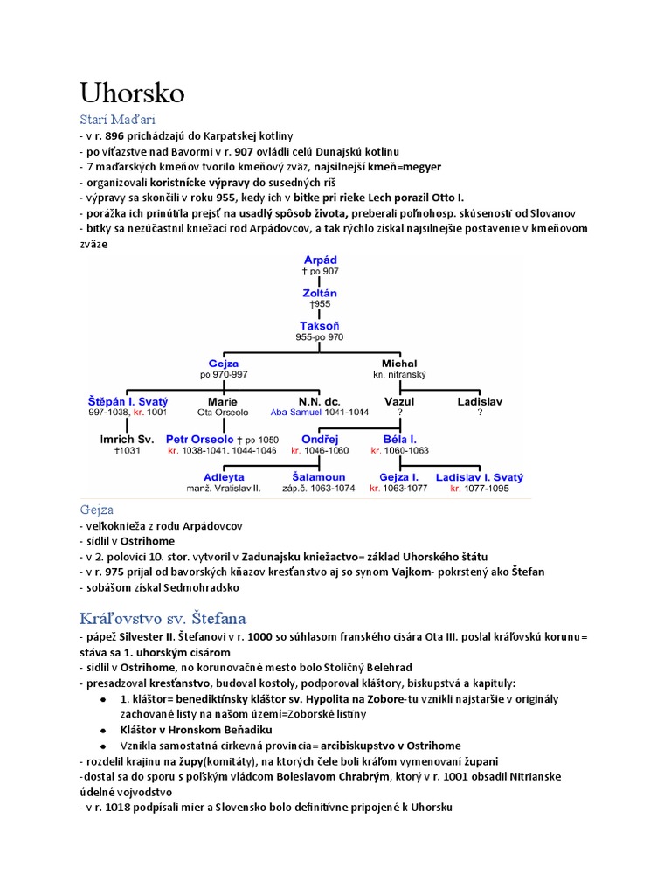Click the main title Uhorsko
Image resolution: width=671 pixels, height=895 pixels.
coord(132,93)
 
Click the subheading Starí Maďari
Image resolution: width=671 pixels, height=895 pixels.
coord(117,119)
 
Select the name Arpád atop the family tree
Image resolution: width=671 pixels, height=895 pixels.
coord(320,260)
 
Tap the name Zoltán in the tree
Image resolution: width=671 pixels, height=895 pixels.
coord(320,293)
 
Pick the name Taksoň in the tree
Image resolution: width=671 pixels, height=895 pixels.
coord(320,325)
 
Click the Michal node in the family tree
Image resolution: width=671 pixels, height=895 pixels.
coord(399,364)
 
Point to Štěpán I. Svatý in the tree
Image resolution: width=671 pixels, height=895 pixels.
coord(128,401)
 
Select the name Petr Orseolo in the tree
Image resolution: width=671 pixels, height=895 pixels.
coord(199,439)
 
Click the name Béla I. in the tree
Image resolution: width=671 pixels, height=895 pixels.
coord(399,439)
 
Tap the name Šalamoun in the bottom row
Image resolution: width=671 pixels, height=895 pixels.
coord(319,477)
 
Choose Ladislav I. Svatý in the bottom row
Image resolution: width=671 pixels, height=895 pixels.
coord(479,477)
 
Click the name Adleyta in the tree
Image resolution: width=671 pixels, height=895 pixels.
coord(224,477)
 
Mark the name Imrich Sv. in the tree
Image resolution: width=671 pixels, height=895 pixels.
coord(128,439)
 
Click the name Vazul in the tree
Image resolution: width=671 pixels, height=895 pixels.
coord(399,401)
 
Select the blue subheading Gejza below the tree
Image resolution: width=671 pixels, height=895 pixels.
coord(96,509)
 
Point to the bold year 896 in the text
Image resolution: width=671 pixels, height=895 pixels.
coord(114,135)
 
